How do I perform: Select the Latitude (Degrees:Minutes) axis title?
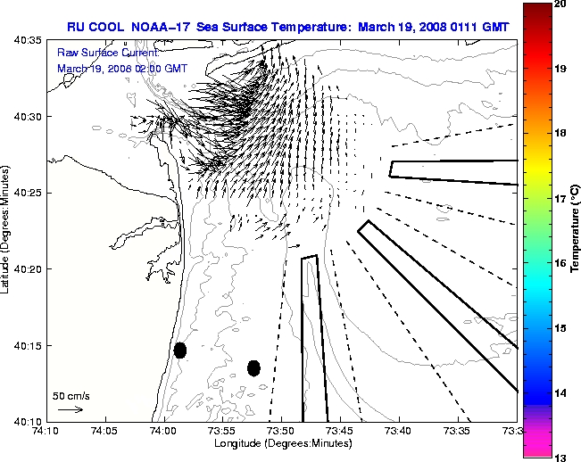click(x=7, y=230)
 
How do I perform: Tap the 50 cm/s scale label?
click(x=71, y=395)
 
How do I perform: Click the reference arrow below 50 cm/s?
click(x=71, y=409)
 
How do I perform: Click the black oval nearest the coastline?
click(x=180, y=350)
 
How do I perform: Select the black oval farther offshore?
click(x=253, y=367)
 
